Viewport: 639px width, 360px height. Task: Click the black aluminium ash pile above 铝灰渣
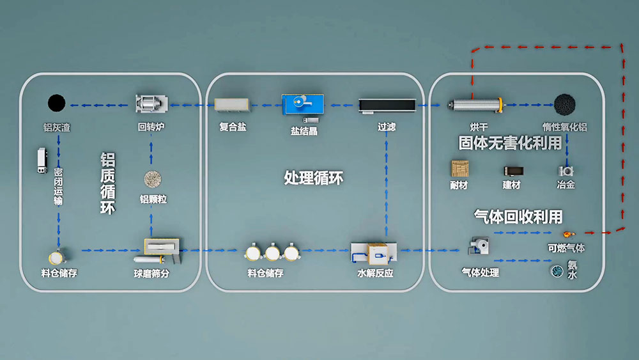pyautogui.click(x=56, y=102)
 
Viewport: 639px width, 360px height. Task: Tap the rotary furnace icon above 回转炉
pyautogui.click(x=151, y=104)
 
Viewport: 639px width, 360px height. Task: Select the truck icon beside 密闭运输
pyautogui.click(x=42, y=160)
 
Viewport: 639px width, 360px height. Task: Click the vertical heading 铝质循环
pyautogui.click(x=107, y=183)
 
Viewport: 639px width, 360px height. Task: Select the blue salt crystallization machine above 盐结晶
pyautogui.click(x=303, y=103)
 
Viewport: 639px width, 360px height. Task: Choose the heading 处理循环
pyautogui.click(x=313, y=178)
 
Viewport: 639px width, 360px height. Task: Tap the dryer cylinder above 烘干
pyautogui.click(x=475, y=103)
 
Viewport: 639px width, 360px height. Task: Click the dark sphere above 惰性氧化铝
pyautogui.click(x=563, y=103)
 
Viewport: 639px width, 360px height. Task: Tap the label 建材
pyautogui.click(x=511, y=185)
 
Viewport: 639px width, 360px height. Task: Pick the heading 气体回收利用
pyautogui.click(x=518, y=216)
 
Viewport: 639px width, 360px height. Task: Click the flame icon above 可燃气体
pyautogui.click(x=566, y=235)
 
